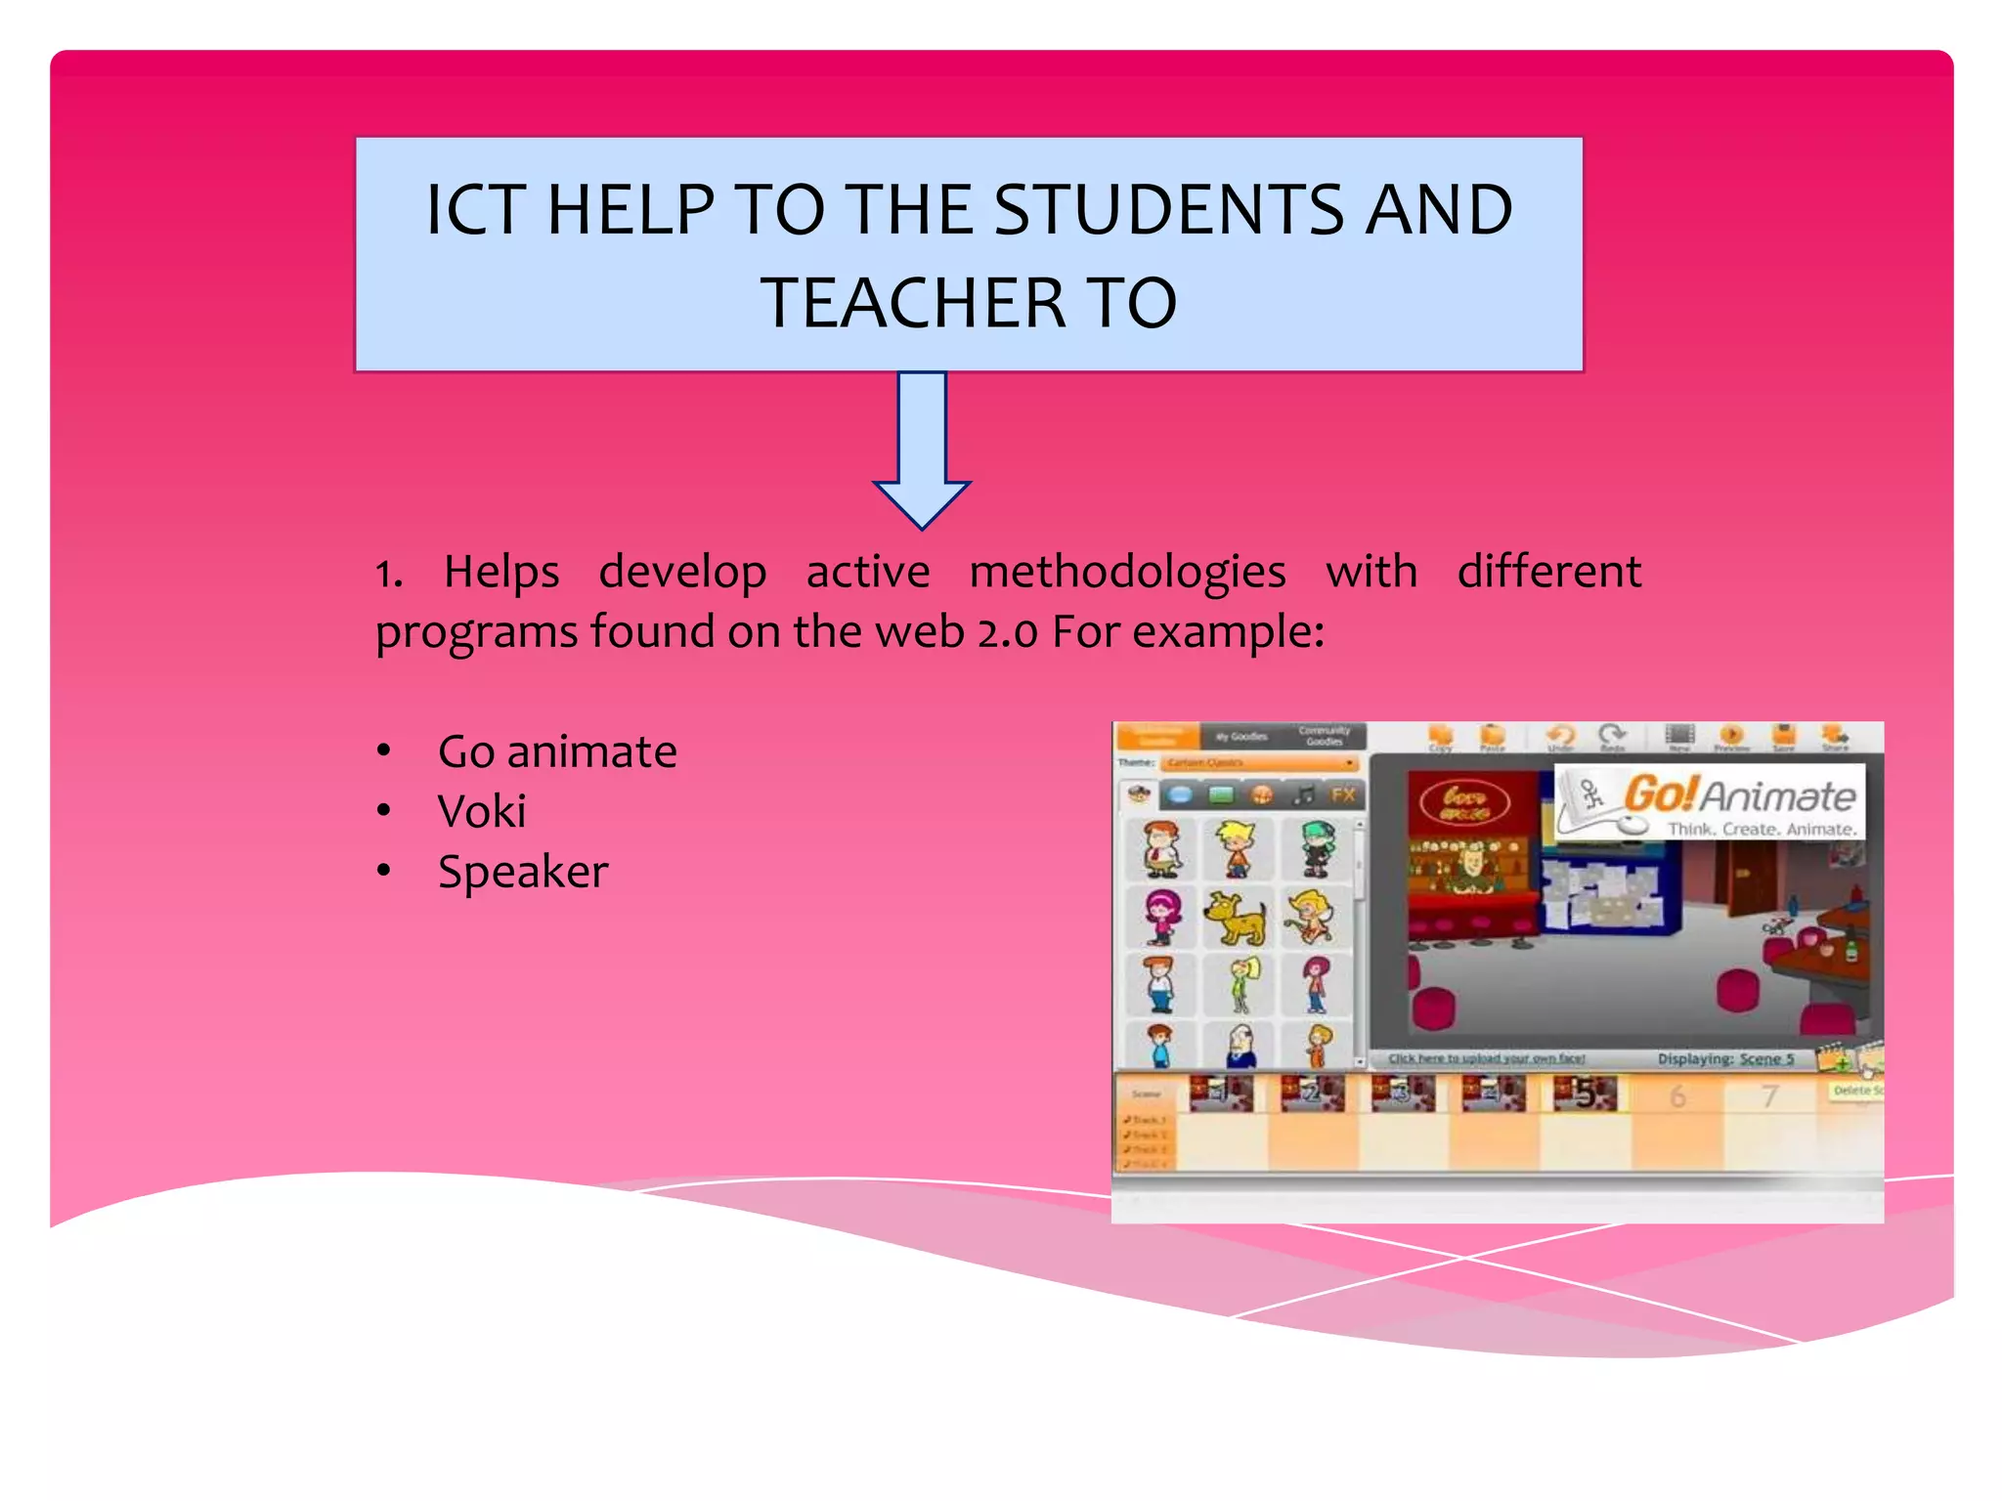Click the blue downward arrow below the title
coord(922,450)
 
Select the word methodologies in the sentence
coord(1127,573)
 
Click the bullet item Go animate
coord(556,752)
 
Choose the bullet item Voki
coord(482,812)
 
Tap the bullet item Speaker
coord(522,873)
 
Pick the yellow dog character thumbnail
coord(1236,918)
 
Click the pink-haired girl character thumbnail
coord(1161,916)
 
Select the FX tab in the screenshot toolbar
coord(1342,794)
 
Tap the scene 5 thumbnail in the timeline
coord(1585,1094)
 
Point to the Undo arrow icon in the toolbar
coord(1559,736)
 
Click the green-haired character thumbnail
coord(1316,848)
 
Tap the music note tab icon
coord(1303,794)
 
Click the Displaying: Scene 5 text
coord(1725,1059)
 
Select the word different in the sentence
coord(1548,573)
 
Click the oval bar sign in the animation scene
coord(1463,803)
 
